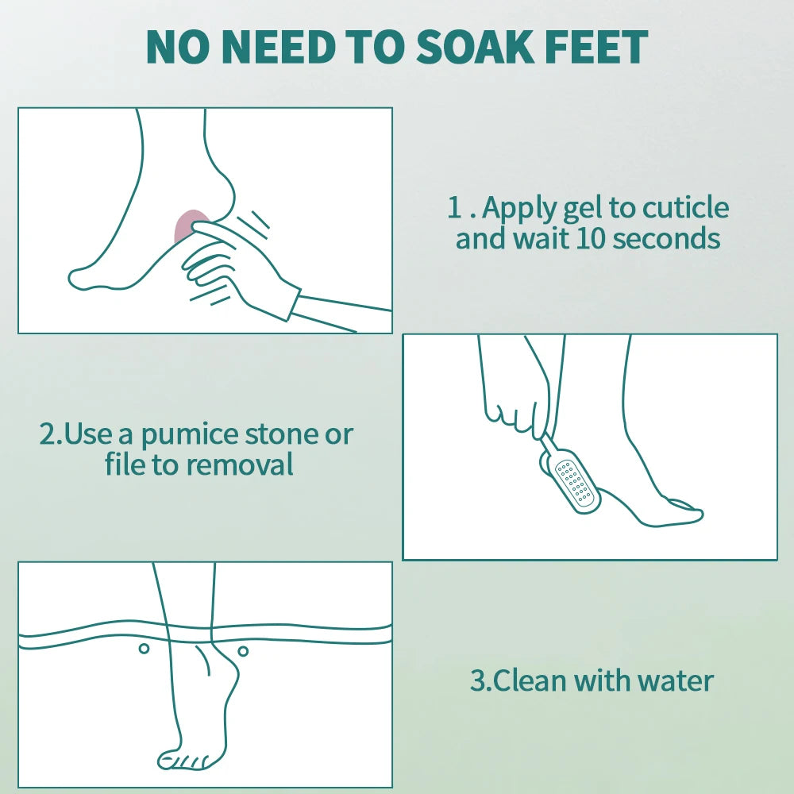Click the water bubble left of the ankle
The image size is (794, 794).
144,648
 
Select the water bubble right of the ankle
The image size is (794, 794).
243,651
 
